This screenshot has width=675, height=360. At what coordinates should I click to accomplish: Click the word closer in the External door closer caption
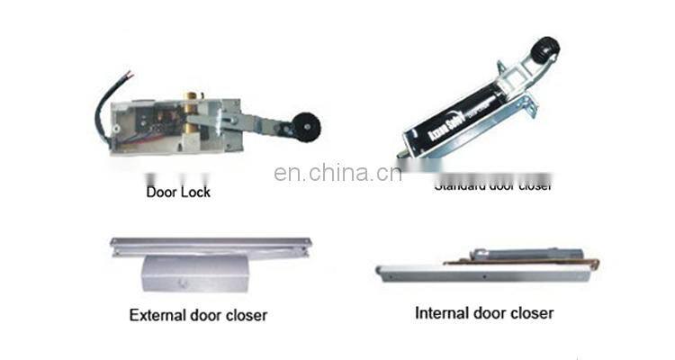pos(246,315)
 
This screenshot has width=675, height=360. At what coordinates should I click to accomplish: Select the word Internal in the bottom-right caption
pos(443,313)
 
